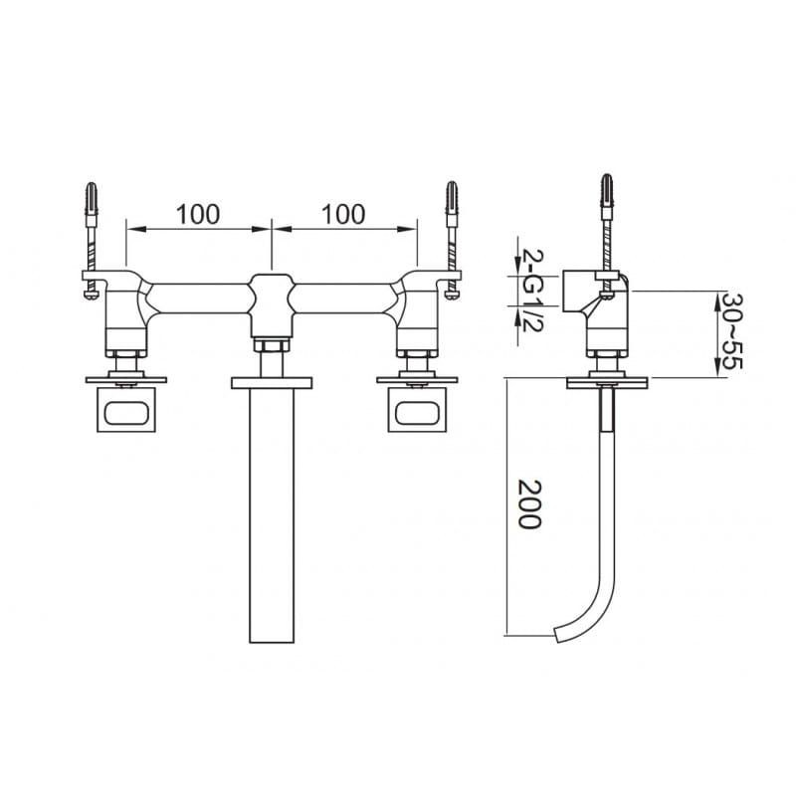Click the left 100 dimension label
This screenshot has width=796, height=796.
tap(198, 214)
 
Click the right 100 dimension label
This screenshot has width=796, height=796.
tap(343, 214)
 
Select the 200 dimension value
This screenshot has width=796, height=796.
tap(529, 504)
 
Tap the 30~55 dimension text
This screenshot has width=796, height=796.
tap(731, 330)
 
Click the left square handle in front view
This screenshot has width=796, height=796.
tap(126, 410)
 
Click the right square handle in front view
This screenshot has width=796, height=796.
tap(417, 410)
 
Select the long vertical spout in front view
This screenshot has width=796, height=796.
tap(272, 515)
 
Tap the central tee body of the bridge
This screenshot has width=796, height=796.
tap(272, 305)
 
